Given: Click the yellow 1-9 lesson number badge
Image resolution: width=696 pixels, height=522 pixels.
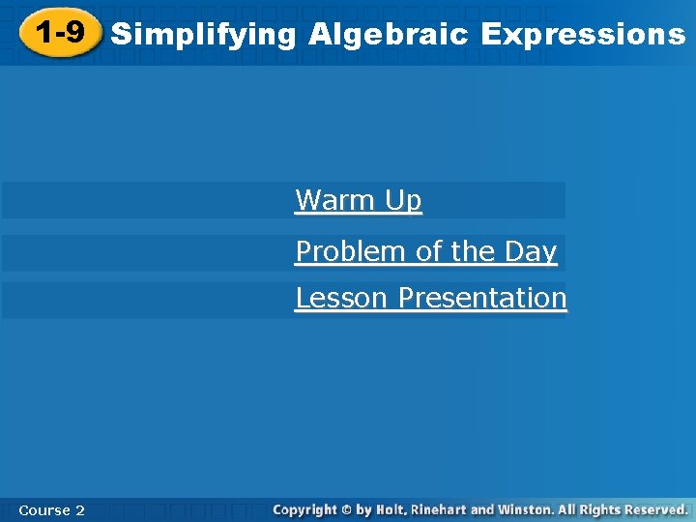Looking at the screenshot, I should coord(59,34).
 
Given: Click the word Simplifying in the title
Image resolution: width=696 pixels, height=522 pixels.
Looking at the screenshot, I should coord(203,35).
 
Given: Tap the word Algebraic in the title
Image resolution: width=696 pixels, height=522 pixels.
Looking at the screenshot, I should coord(389,35).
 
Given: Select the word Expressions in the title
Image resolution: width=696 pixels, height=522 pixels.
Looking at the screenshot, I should coord(582,35).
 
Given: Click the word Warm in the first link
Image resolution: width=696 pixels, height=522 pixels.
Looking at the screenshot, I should coord(335,200).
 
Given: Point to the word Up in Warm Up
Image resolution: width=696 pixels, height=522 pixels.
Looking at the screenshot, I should coord(403,200).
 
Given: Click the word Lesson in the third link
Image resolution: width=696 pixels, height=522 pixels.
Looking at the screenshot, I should coord(343,298).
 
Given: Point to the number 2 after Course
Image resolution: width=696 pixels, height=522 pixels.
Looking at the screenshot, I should coord(79,509).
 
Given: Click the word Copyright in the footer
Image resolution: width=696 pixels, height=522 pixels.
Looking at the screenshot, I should coord(304,508).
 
